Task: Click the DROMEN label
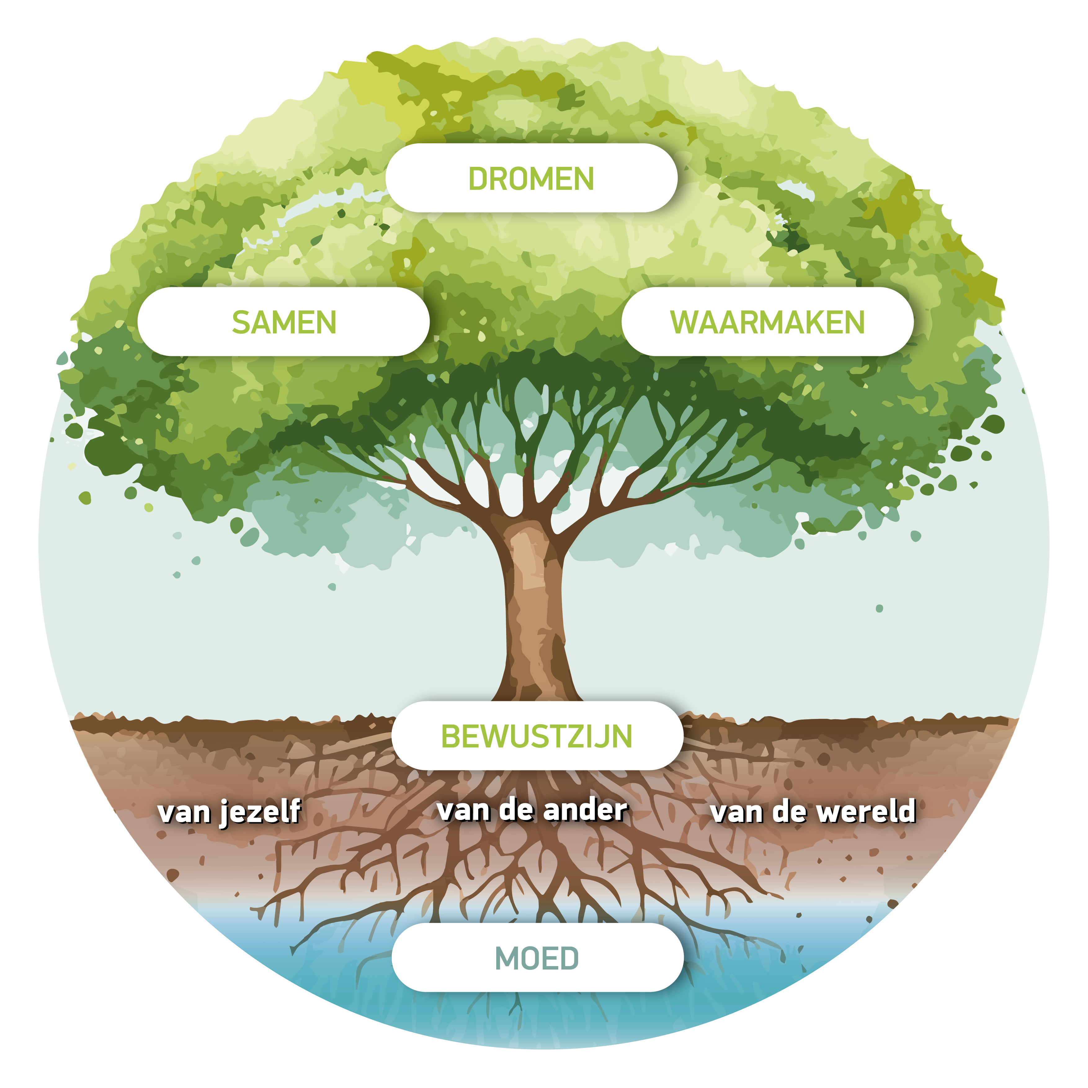point(531,179)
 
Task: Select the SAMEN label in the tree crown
point(284,322)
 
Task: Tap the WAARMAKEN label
point(767,322)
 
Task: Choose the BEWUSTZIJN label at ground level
point(537,736)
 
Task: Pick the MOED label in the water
point(537,958)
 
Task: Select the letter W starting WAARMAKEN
point(683,322)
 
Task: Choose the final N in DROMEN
point(583,179)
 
